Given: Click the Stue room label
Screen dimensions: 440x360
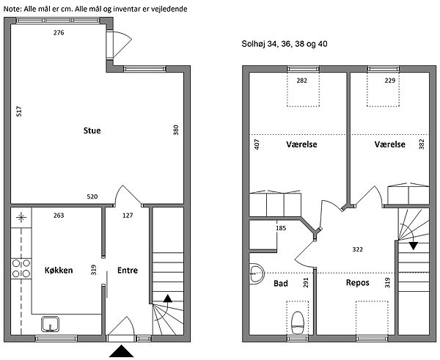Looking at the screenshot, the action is pos(92,131).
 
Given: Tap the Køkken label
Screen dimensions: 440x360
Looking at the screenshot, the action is pos(59,271).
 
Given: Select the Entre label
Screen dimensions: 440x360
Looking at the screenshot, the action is pos(128,271).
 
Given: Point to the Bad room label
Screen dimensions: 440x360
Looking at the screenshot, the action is pos(281,284).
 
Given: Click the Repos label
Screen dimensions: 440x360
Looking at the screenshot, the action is pos(358,282).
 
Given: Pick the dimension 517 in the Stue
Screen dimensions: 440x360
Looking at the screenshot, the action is pos(19,111).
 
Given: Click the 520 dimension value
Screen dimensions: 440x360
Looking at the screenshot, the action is pos(92,196).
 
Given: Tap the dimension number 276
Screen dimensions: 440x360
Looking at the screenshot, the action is pos(59,33).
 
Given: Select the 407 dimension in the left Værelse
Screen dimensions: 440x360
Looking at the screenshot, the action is pos(257,144).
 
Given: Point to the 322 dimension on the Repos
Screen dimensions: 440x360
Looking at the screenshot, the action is pos(358,249).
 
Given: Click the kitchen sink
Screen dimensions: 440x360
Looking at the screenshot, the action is pos(50,324).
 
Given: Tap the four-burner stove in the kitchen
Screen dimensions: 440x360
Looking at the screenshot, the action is pos(21,268).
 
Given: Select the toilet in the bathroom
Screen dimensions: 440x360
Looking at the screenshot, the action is pos(298,323).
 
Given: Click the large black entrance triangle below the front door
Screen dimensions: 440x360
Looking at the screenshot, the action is pos(122,351).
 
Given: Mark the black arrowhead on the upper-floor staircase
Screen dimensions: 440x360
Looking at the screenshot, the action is pos(414,246).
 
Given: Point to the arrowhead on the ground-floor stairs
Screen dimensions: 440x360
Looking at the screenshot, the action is pos(168,298).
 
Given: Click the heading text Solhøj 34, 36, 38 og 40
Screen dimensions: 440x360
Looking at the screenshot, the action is pos(285,44).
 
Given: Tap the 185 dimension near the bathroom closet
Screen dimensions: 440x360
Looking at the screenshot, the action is pos(281,228).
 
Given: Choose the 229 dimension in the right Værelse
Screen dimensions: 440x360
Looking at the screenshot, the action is pos(390,81).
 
